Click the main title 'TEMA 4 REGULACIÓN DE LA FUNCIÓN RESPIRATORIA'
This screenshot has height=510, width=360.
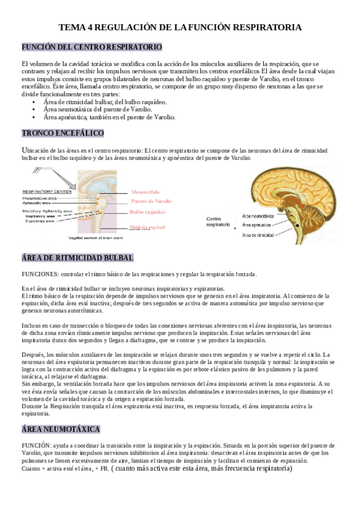tap(180, 28)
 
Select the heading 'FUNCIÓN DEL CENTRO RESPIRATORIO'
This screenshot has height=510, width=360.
tap(91, 47)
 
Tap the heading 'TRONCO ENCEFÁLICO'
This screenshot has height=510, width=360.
tap(63, 133)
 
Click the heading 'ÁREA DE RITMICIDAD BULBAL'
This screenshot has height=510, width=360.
tap(78, 258)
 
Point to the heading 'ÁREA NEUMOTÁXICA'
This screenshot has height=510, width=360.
tap(61, 429)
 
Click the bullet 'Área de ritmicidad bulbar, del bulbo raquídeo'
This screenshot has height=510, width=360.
tap(105, 102)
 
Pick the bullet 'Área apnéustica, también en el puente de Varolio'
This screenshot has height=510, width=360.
tap(109, 117)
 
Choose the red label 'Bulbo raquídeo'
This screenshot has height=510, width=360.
tap(147, 212)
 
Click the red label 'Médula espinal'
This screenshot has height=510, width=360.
tap(147, 227)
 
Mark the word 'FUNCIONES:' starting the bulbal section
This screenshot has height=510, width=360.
tap(40, 274)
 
